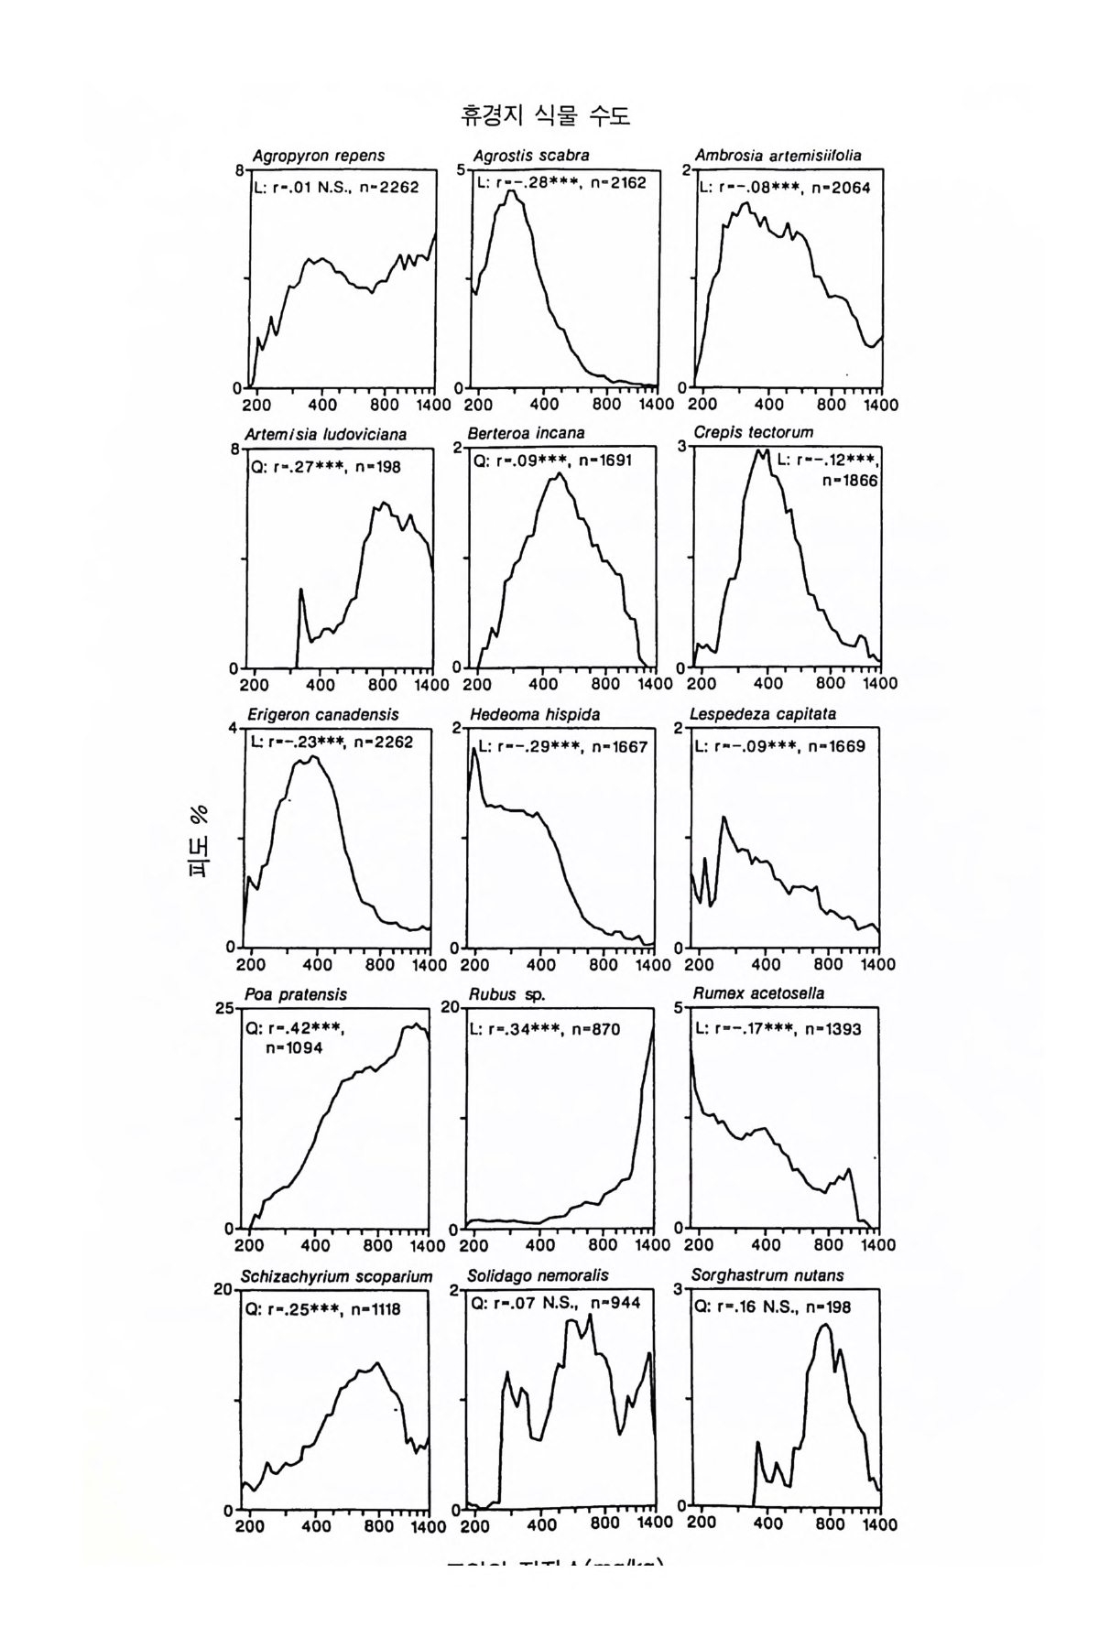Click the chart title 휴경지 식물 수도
coord(546,116)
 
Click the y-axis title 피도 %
coord(199,840)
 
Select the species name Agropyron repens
coord(319,156)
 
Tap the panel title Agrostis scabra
coord(531,156)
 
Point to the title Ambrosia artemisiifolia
coord(778,156)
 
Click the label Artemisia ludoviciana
coord(326,434)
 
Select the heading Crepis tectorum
coord(753,432)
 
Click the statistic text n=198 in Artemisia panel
coord(377,467)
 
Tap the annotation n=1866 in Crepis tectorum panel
coord(851,479)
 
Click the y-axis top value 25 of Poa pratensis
coord(224,1009)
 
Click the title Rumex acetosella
coord(758,993)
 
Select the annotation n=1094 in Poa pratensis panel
coord(294,1048)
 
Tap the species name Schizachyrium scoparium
coord(336,1276)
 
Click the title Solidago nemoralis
coord(538,1275)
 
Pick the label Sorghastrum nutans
coord(767,1275)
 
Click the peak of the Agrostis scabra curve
coord(512,192)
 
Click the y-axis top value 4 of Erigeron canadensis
coord(233,728)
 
